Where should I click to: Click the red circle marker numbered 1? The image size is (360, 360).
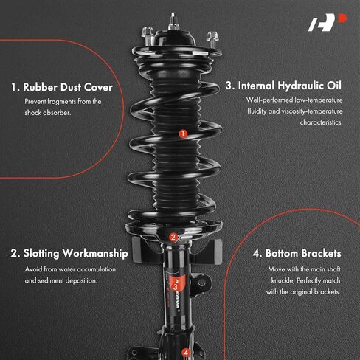(x=183, y=134)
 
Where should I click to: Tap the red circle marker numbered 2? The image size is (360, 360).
(x=173, y=238)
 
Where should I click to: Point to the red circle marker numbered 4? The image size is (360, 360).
(x=186, y=353)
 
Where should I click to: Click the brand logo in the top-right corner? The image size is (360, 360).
(x=327, y=22)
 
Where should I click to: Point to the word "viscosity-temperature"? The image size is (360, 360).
(x=312, y=111)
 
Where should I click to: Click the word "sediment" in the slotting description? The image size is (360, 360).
(x=51, y=280)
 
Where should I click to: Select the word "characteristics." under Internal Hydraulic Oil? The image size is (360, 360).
(x=321, y=122)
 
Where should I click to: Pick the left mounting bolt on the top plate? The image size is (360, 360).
(x=148, y=35)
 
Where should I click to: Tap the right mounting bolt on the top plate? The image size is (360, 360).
(x=212, y=39)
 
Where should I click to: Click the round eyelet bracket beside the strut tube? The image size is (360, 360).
(x=201, y=282)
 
